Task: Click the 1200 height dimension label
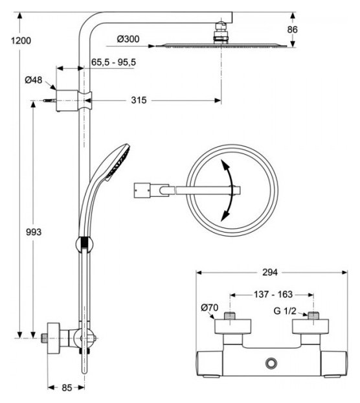[21, 41]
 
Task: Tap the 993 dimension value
[34, 232]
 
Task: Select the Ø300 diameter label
[128, 39]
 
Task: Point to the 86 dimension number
[292, 30]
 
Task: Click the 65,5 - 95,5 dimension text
[113, 62]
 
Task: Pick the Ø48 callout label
[34, 80]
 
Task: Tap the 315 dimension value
[139, 100]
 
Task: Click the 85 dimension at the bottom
[67, 388]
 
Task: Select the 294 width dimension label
[270, 272]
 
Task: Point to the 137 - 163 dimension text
[273, 294]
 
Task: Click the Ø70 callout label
[210, 307]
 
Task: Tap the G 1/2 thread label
[285, 311]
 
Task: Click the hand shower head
[117, 162]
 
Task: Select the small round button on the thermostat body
[271, 363]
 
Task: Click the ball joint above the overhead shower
[221, 27]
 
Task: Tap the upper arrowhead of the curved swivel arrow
[225, 164]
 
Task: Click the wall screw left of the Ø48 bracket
[50, 100]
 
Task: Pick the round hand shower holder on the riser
[84, 244]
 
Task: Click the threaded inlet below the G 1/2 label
[313, 316]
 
